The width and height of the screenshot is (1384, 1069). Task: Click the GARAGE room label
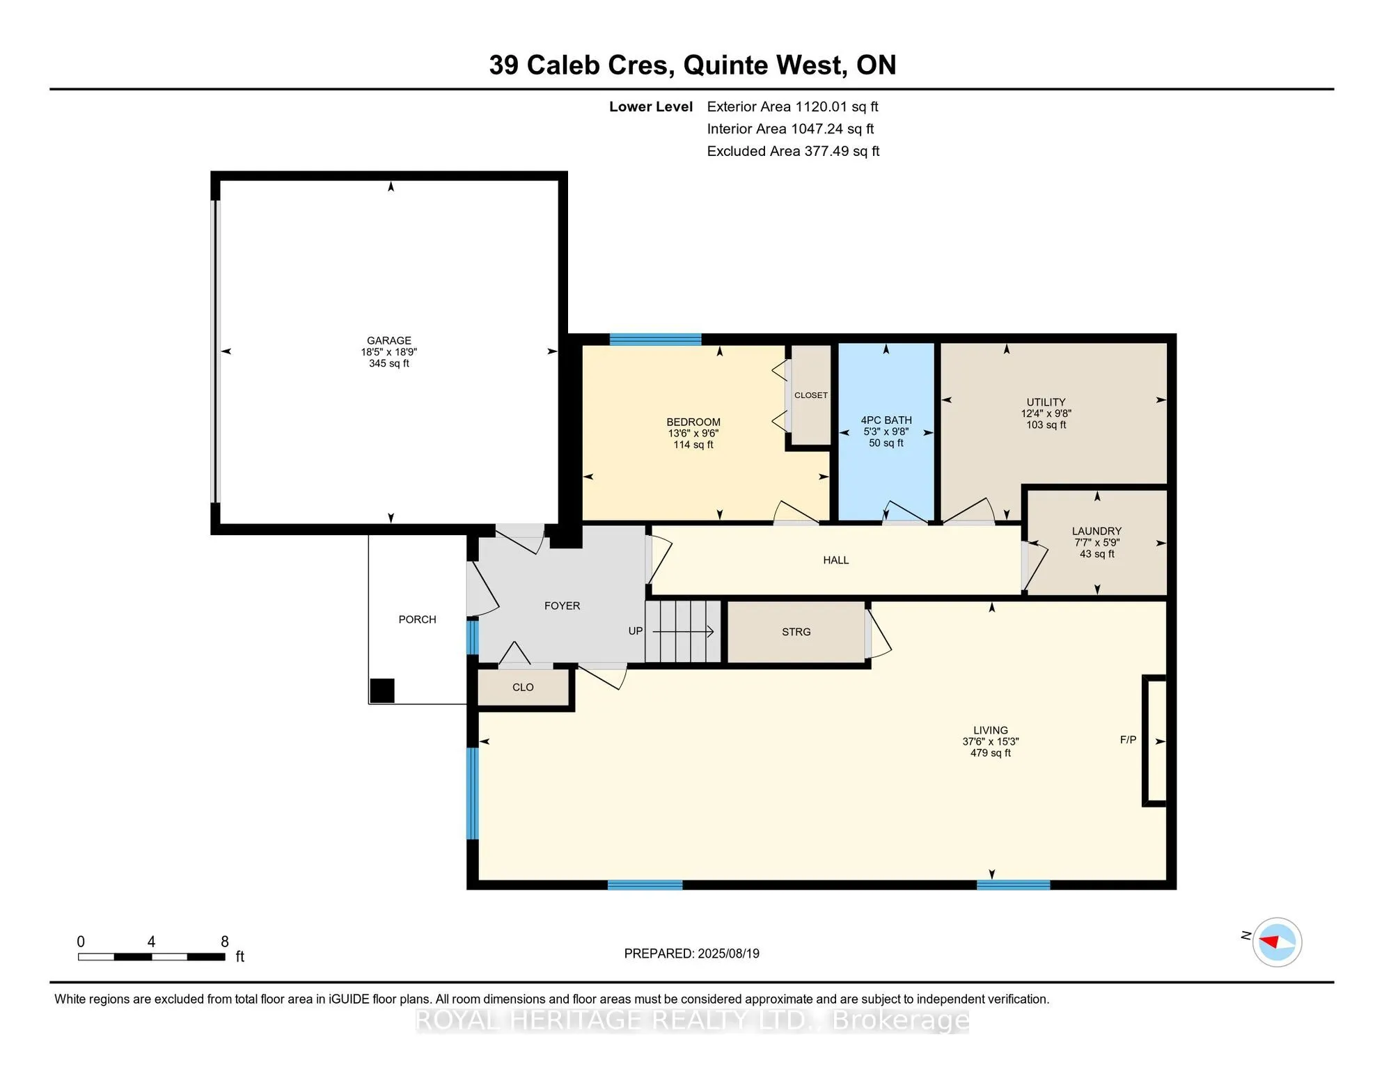tap(388, 340)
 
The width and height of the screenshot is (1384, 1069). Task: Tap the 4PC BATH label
tap(886, 420)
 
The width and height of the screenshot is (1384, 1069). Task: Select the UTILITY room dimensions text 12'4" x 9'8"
tap(1046, 413)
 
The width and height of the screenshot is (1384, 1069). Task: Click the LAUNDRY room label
tap(1096, 531)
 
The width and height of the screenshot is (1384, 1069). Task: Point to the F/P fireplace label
tap(1128, 740)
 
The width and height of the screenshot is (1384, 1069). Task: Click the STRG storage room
tap(796, 632)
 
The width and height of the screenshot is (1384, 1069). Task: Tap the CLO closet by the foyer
tap(523, 688)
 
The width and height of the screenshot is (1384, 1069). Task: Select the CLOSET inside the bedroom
tap(810, 395)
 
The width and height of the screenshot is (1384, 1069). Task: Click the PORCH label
tap(417, 619)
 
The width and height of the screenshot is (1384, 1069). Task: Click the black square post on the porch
tap(382, 690)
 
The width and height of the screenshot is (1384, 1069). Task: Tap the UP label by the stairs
tap(635, 631)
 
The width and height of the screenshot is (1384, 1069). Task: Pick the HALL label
tap(835, 560)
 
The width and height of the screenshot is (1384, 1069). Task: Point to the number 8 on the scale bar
tap(224, 942)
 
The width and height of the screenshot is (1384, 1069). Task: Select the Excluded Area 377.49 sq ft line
tap(792, 151)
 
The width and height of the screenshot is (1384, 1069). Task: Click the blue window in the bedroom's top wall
tap(655, 340)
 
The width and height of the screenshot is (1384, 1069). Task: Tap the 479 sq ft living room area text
tap(990, 753)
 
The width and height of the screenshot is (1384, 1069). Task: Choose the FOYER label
tap(562, 606)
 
